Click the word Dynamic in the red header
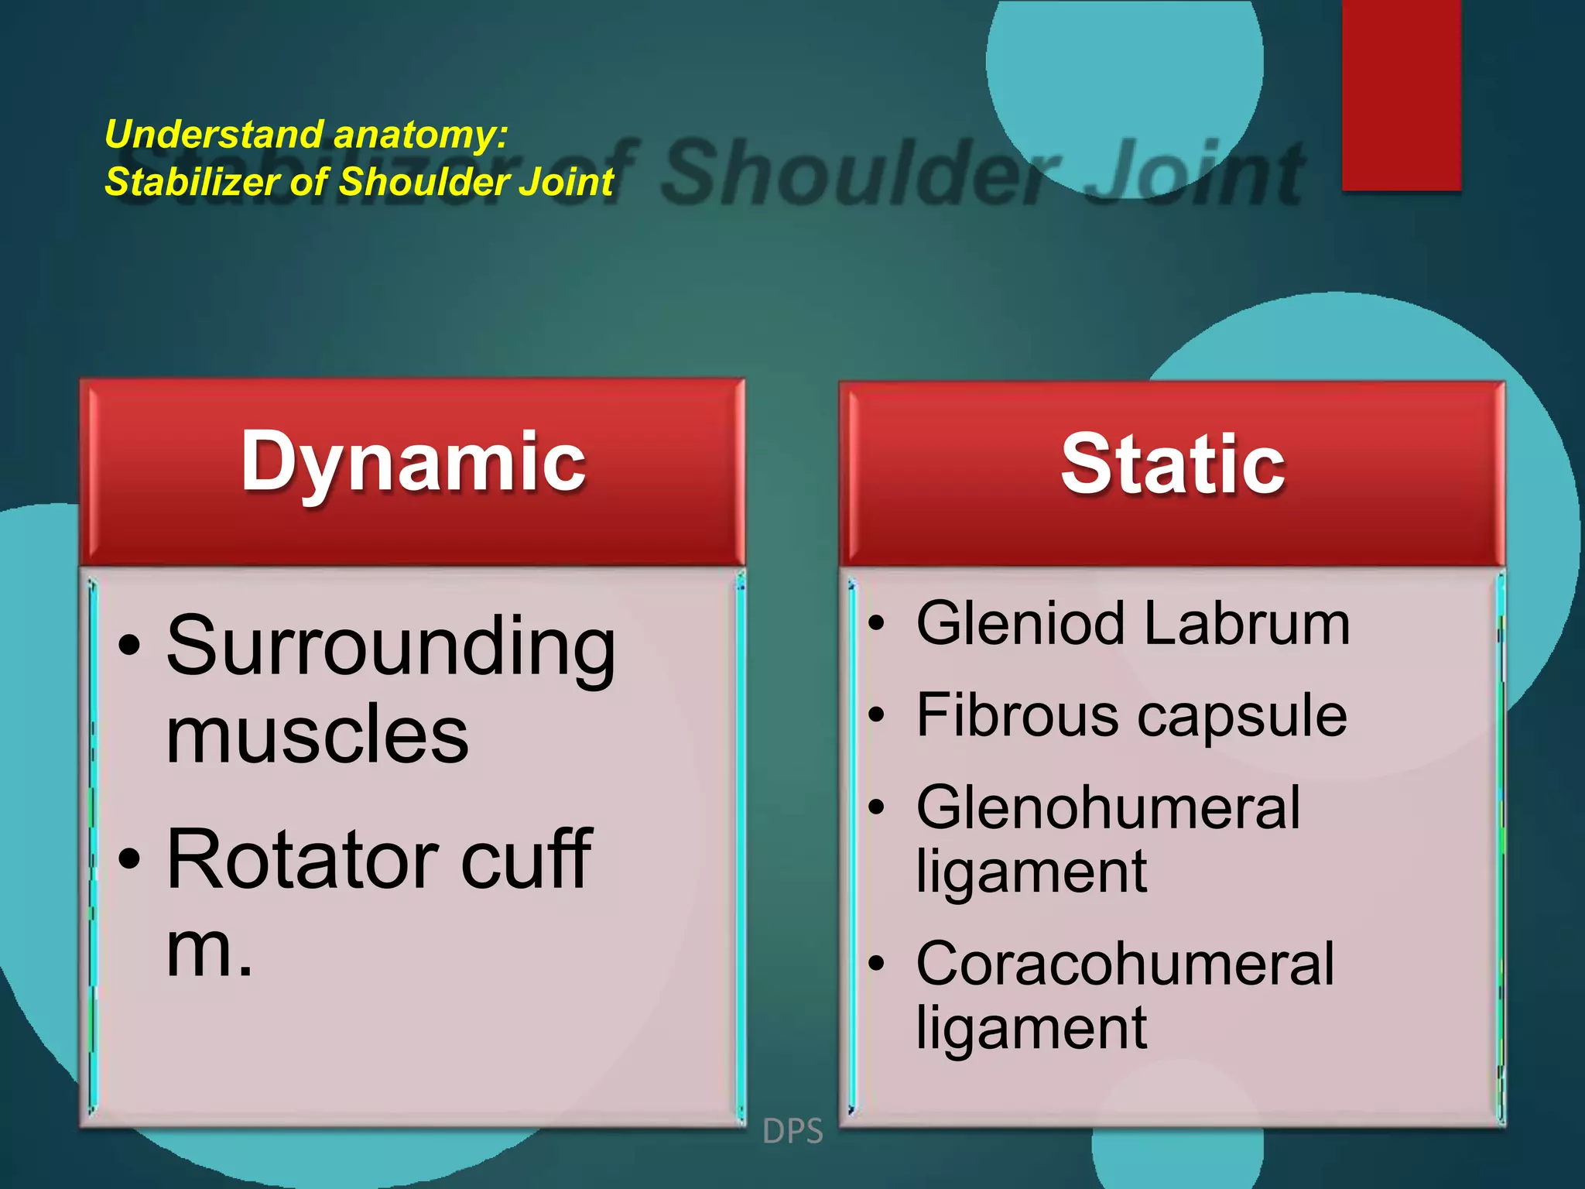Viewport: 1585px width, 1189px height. click(x=413, y=463)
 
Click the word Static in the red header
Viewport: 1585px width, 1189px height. click(x=1172, y=464)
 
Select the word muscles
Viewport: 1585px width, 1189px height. click(x=317, y=735)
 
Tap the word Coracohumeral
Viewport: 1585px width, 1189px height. click(x=1125, y=965)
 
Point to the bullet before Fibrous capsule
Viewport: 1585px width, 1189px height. click(x=875, y=716)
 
